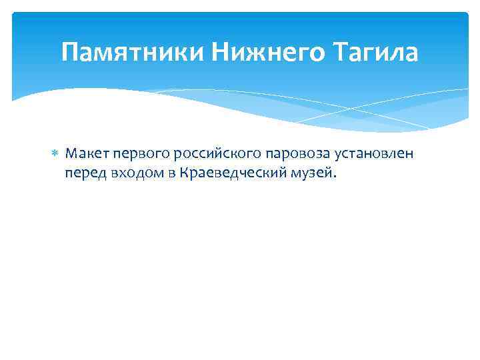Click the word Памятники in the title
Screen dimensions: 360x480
pyautogui.click(x=133, y=52)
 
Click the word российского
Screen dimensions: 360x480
pyautogui.click(x=213, y=155)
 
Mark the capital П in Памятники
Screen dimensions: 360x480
pyautogui.click(x=69, y=52)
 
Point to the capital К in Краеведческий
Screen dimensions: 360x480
pyautogui.click(x=183, y=173)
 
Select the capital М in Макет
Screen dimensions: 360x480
pyautogui.click(x=71, y=155)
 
